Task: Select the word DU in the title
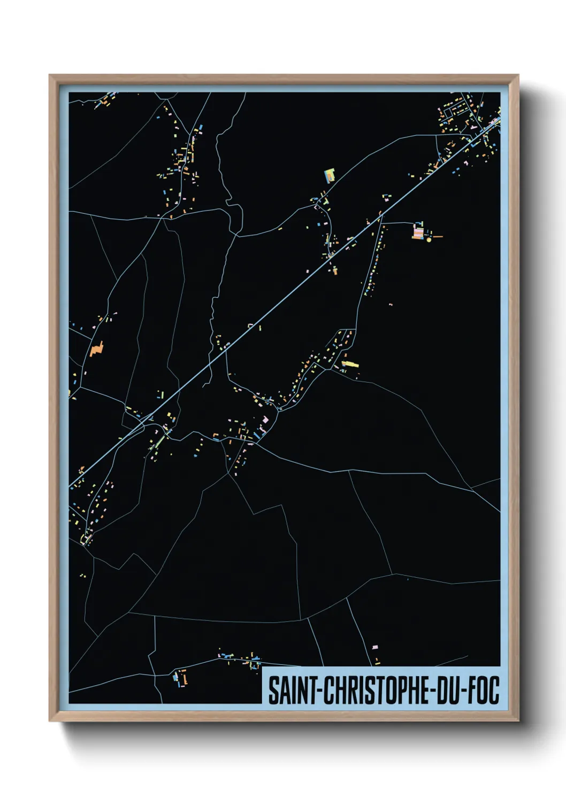(447, 690)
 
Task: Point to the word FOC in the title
(484, 690)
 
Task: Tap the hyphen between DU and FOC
(463, 691)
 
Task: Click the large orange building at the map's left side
(96, 349)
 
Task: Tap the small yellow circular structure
(429, 240)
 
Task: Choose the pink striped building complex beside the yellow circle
(418, 232)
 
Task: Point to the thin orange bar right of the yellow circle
(437, 236)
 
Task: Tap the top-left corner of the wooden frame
(51, 76)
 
